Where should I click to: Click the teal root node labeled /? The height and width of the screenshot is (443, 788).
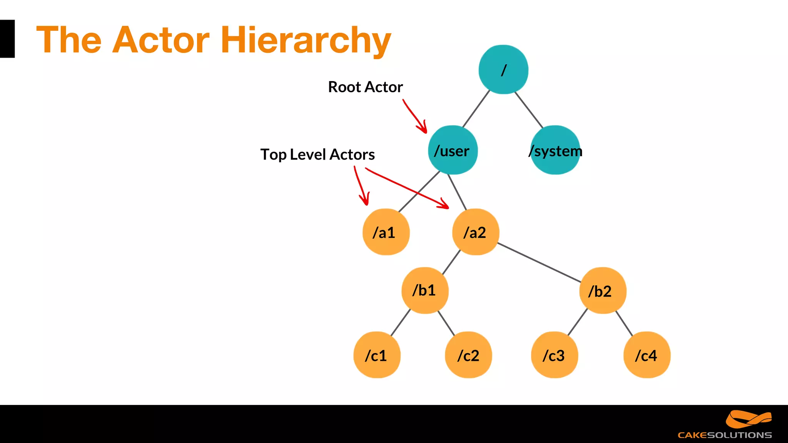503,70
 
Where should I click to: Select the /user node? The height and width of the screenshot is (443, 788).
452,150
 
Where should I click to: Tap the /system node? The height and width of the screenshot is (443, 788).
555,150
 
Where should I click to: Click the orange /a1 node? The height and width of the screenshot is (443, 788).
386,232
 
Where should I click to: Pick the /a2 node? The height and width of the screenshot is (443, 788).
476,232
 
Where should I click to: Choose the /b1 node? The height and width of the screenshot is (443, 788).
425,290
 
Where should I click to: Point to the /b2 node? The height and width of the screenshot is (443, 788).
603,291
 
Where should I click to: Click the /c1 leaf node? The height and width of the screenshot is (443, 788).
377,355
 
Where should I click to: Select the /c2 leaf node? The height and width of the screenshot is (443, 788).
468,355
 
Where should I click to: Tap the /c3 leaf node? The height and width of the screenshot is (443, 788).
554,355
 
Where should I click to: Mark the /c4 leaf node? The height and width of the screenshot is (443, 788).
647,355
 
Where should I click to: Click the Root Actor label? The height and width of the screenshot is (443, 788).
365,87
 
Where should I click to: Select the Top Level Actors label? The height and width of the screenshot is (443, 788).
317,155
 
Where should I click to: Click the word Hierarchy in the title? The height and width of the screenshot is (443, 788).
306,40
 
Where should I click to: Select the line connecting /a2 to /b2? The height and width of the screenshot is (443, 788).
539,262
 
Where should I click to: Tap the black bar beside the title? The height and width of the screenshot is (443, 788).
7,39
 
